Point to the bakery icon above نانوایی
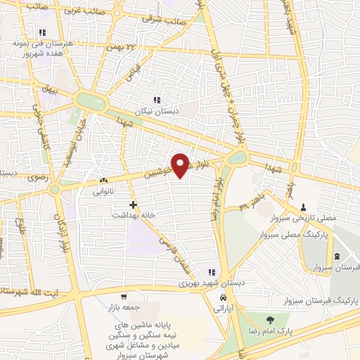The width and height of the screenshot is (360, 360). click(103, 180)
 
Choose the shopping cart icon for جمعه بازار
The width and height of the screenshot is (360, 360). click(124, 297)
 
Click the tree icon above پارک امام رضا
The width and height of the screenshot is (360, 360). click(268, 320)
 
